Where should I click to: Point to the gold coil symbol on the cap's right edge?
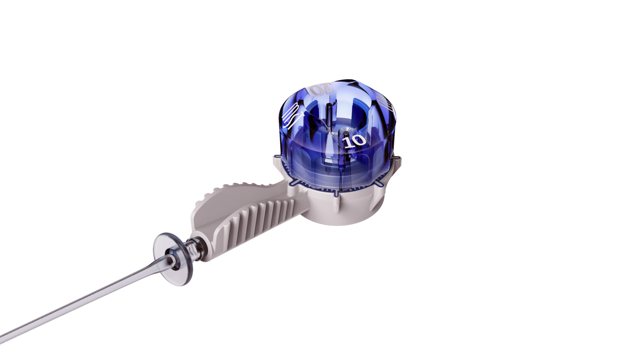(384, 104)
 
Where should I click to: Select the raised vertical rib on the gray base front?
(336, 202)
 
